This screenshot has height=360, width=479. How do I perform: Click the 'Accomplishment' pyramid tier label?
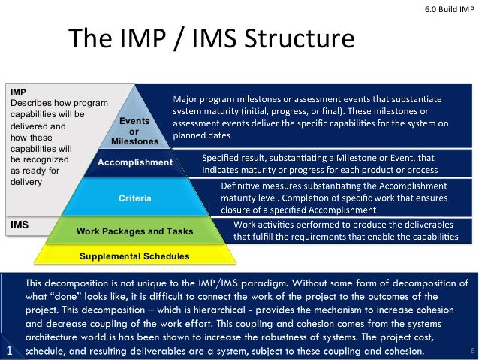[135, 162]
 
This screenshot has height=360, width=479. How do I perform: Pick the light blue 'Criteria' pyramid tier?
[135, 198]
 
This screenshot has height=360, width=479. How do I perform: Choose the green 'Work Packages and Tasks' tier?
[135, 231]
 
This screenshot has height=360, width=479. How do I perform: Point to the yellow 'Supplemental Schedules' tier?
[135, 256]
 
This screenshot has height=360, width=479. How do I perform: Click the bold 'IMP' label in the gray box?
[18, 92]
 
